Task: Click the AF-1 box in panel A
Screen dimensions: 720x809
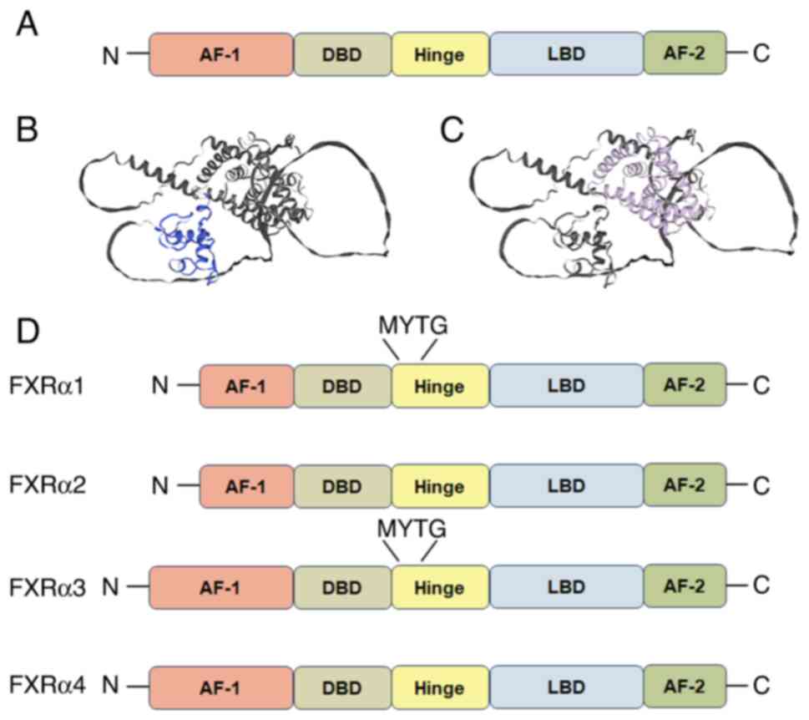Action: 220,55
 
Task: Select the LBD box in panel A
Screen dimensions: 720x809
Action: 566,55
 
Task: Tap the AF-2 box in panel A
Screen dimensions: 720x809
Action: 685,54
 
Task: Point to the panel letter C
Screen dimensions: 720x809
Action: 450,131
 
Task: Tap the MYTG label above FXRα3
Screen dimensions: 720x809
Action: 412,529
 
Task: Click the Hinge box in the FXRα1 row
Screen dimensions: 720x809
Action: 440,387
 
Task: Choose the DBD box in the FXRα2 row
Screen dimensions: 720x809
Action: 342,485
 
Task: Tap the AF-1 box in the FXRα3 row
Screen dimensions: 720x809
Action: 220,587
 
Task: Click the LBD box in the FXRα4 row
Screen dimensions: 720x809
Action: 566,686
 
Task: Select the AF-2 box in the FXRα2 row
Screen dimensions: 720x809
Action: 685,484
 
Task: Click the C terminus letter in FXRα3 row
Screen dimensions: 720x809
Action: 760,586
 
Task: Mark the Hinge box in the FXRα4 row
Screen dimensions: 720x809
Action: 440,686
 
